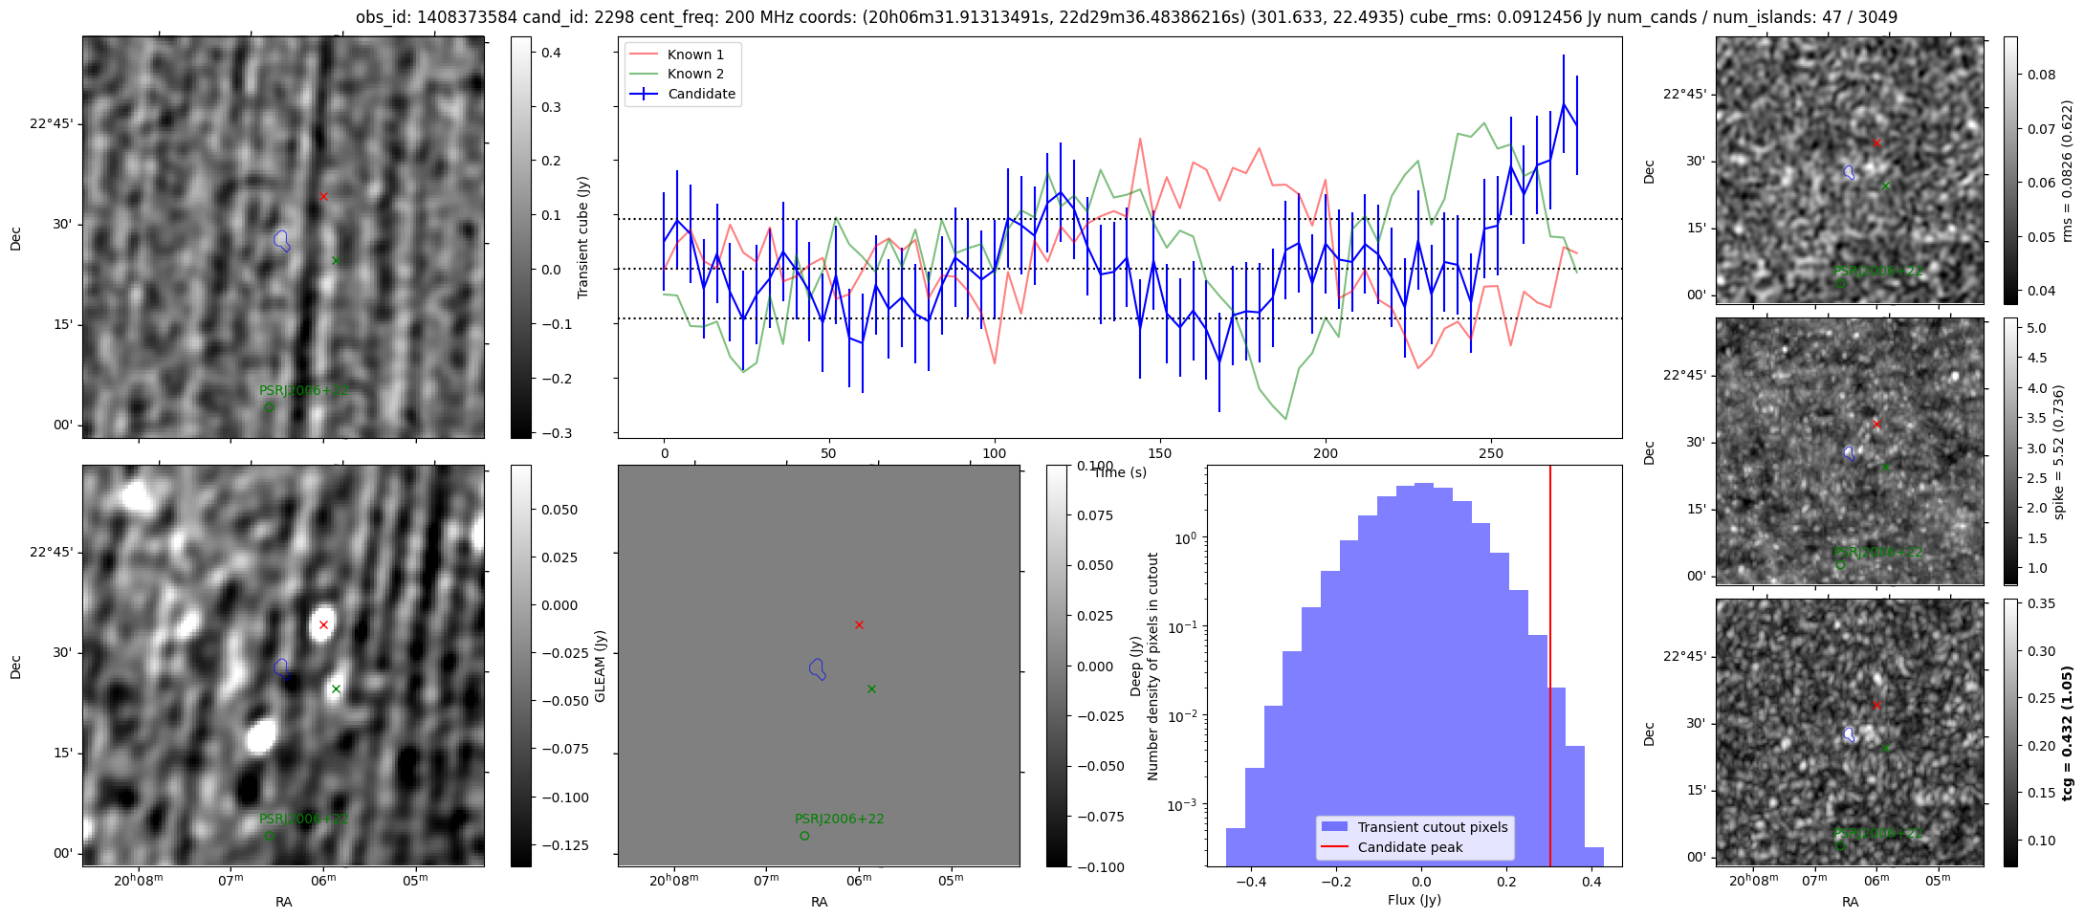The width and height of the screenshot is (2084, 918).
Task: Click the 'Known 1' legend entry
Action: coord(695,55)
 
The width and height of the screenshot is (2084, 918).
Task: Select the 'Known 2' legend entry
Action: coord(695,74)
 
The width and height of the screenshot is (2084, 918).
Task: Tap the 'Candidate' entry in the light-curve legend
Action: coord(701,94)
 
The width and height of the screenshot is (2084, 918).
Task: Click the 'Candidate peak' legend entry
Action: coord(1410,847)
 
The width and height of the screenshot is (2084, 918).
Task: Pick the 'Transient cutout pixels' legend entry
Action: coord(1432,827)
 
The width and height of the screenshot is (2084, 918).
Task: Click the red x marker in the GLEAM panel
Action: coord(859,625)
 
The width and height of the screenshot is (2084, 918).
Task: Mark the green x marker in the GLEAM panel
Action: coord(871,688)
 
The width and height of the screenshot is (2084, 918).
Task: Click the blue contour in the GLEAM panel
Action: coord(817,668)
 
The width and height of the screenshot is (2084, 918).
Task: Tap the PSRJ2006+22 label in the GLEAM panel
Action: coord(839,820)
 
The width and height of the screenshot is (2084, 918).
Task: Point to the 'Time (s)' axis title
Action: coord(1119,472)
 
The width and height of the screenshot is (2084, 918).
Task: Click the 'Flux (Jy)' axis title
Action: coord(1414,900)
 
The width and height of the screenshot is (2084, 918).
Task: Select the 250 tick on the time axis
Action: coord(1491,453)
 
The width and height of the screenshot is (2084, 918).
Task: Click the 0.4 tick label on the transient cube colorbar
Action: coord(552,53)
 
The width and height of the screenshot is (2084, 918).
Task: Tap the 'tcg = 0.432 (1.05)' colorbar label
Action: coord(2068,733)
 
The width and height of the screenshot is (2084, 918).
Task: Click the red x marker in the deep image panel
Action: coord(323,625)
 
